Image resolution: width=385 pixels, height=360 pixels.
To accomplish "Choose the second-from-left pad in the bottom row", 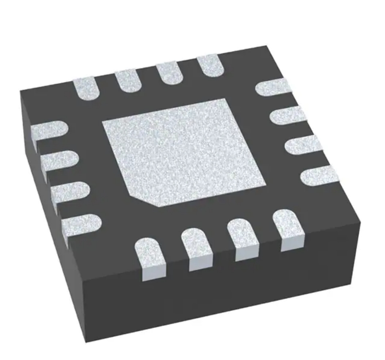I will (x=197, y=248).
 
